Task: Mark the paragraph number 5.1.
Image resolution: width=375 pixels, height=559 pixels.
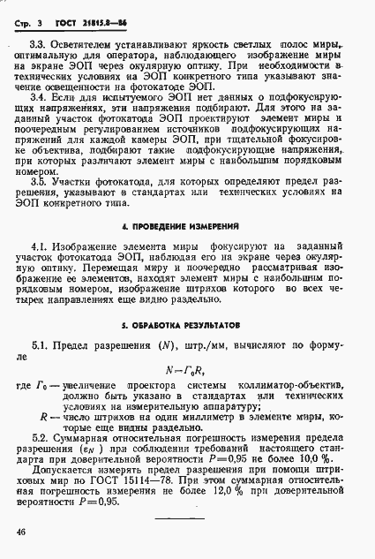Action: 41,343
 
